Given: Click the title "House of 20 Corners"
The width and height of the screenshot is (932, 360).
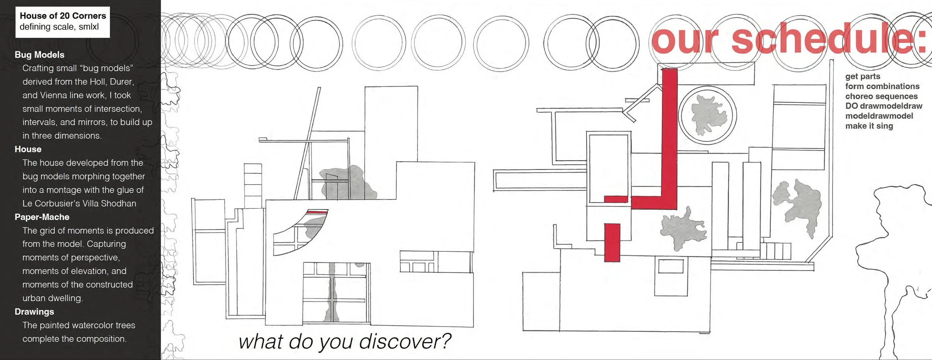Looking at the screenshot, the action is pos(63,16).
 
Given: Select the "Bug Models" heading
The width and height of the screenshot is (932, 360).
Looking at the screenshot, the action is pos(40,55).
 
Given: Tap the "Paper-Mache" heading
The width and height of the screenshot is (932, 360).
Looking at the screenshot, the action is pos(42,217).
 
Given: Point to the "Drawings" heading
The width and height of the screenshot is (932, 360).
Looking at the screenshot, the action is pos(34,312).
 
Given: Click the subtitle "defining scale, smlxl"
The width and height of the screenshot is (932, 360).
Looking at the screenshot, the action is pos(59,27).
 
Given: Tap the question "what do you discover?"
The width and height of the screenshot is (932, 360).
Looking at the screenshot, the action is pos(344,341).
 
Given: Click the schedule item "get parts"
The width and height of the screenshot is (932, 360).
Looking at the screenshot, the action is pos(863,76).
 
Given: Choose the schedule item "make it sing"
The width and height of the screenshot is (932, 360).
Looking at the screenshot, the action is pos(869,126).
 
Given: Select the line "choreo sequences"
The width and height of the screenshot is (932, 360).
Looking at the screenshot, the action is pos(881,96).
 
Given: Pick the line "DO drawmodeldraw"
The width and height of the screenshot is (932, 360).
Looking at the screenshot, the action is pos(884,106).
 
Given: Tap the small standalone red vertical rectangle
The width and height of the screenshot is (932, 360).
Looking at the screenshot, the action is pos(612,242).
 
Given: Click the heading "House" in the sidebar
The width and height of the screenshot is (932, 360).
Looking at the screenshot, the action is pos(28,149).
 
